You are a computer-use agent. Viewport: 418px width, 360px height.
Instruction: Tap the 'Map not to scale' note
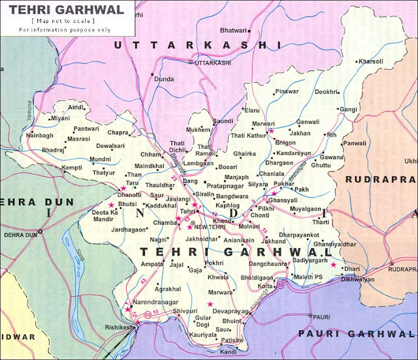tap(61, 22)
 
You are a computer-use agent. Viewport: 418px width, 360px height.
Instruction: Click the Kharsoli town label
tap(371, 61)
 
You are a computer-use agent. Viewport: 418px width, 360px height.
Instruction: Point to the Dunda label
tap(163, 79)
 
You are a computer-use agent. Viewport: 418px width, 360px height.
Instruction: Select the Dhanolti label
tap(131, 194)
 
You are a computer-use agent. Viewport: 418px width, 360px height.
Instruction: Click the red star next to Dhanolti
tap(122, 188)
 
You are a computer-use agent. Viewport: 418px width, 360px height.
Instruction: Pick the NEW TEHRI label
tap(208, 226)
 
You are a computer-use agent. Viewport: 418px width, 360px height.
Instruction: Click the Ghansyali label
tap(283, 199)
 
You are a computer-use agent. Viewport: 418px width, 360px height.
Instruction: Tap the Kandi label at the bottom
tap(229, 352)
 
